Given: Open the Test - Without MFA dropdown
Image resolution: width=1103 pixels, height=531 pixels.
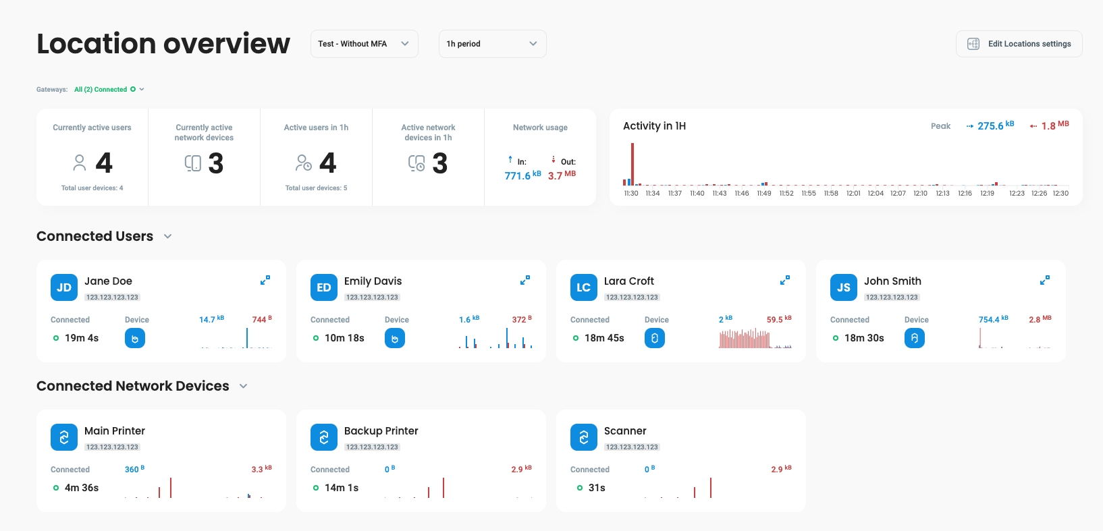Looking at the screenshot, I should tap(364, 44).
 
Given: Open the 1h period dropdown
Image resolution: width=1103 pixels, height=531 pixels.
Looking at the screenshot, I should tap(492, 44).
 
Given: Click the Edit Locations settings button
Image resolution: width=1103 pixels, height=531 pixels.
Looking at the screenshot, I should tap(1019, 44).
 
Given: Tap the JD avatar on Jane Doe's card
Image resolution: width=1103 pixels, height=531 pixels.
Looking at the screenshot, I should tap(64, 287).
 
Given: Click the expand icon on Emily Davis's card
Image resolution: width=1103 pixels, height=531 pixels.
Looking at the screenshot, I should tap(524, 280).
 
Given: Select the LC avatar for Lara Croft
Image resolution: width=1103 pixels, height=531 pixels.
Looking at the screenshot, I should tap(584, 287).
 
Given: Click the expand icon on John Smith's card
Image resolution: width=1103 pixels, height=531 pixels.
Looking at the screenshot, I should tap(1044, 280).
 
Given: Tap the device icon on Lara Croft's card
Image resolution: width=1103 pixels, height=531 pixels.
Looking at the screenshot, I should tap(654, 338).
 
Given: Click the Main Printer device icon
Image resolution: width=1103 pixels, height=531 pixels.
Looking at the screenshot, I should tap(64, 437).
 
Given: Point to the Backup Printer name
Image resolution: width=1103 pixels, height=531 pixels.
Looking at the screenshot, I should tap(381, 431).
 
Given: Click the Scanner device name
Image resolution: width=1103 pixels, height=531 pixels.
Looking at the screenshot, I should tap(625, 431).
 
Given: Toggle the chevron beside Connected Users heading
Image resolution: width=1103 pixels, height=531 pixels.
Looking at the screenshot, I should tap(168, 236).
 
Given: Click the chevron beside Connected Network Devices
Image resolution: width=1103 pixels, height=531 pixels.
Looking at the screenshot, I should tap(244, 386).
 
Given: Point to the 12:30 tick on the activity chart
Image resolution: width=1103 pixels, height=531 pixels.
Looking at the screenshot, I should tap(1060, 193).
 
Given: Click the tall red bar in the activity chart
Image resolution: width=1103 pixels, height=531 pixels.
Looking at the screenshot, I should tap(633, 163).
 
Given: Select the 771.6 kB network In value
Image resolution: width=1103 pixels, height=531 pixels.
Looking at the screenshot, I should tap(518, 176).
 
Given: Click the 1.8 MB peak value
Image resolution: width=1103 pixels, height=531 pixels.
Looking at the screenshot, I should tap(1049, 126).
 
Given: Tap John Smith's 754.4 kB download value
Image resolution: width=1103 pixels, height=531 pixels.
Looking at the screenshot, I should tap(989, 320).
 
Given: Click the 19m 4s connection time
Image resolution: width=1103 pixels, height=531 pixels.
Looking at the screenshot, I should tap(82, 338).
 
